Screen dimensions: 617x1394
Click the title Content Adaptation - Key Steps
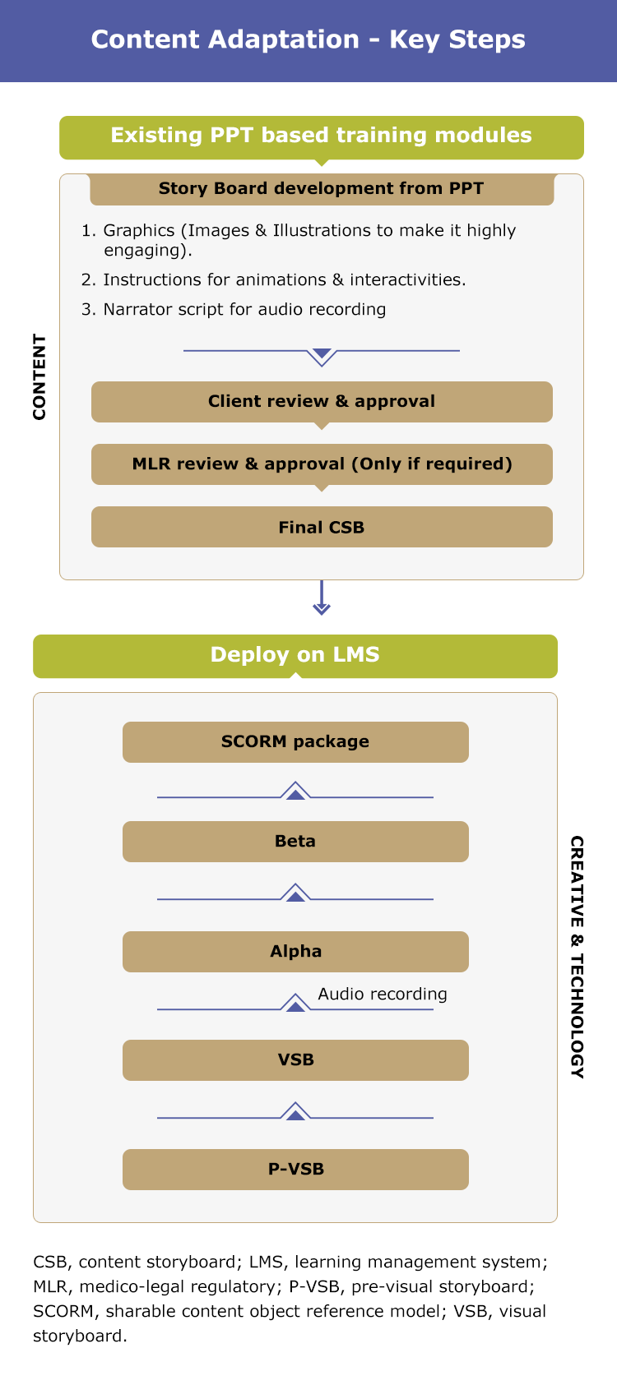point(308,39)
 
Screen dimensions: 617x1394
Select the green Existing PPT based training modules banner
point(322,137)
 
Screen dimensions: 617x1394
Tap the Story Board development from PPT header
point(322,188)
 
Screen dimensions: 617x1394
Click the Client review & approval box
point(322,402)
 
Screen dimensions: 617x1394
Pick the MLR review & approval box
point(322,464)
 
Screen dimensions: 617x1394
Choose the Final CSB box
point(322,527)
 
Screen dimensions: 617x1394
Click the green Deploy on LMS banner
point(295,656)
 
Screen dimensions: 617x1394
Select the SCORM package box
point(295,742)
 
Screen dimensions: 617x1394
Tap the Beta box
point(295,842)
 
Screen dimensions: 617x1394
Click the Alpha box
point(295,952)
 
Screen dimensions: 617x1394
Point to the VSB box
point(295,1059)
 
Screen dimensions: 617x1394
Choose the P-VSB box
point(295,1170)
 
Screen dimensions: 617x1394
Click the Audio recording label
point(383,995)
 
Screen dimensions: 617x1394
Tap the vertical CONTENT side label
point(39,377)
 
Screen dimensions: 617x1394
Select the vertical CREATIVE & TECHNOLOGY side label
point(578,957)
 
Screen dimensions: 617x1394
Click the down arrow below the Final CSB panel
point(322,598)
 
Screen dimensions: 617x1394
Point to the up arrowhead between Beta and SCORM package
point(295,791)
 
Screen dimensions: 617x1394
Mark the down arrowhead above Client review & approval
point(322,358)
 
